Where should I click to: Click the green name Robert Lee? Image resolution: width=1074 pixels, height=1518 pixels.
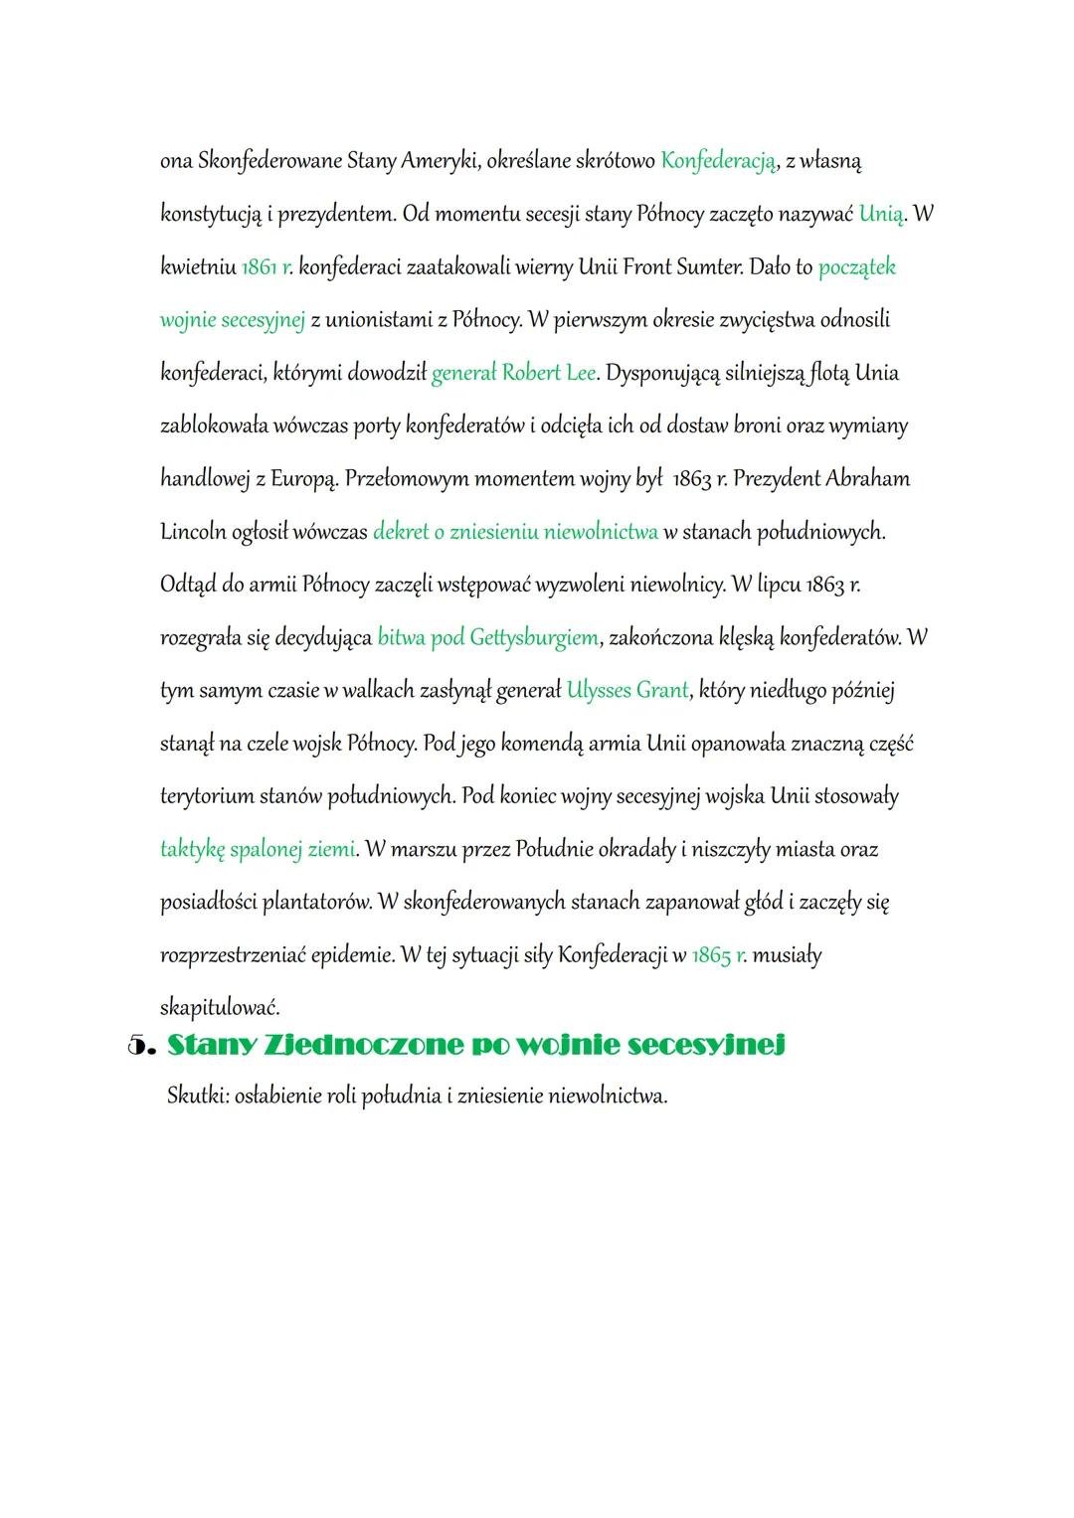pos(549,373)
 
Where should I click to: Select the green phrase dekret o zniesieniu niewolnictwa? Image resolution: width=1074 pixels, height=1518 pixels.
pos(515,532)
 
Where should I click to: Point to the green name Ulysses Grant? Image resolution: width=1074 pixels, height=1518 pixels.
pos(626,690)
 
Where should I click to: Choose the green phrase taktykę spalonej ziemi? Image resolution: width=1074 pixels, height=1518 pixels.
pos(258,849)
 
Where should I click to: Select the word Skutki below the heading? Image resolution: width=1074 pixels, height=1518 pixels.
pos(195,1096)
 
